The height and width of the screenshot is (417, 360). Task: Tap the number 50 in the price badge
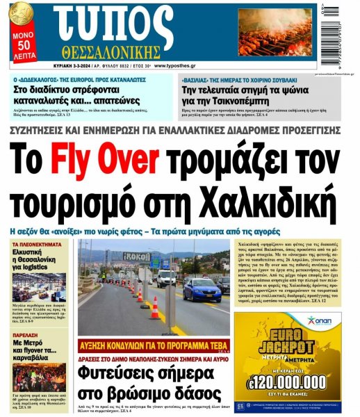[x=22, y=47]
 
